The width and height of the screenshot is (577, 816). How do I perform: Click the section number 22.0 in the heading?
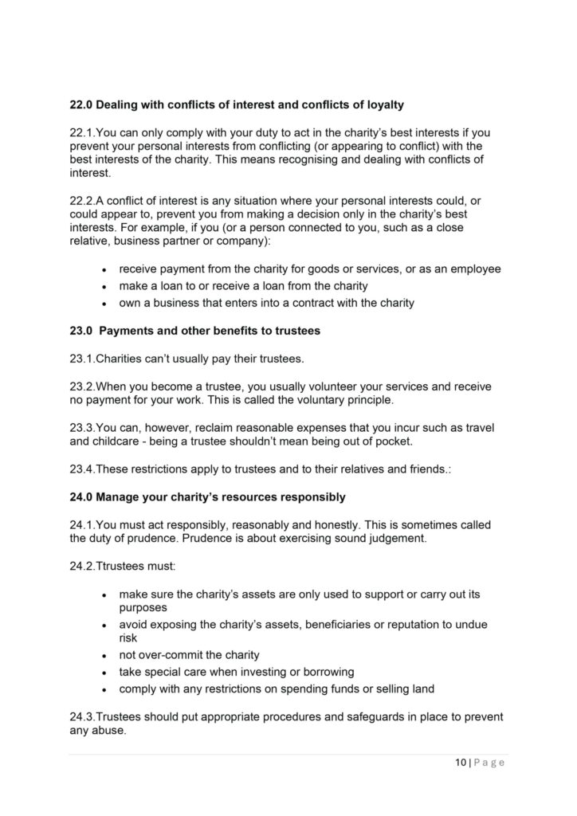coord(80,104)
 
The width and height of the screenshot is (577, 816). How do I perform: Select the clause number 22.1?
coord(81,130)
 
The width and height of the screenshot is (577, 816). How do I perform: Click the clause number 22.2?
coord(81,201)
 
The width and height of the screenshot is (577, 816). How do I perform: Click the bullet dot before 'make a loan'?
coord(104,287)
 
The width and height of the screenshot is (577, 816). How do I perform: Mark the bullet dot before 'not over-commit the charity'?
coord(104,656)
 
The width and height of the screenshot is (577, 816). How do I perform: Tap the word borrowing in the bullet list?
coord(328,672)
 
